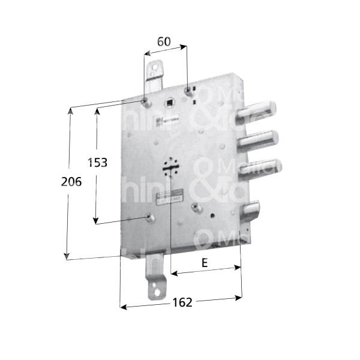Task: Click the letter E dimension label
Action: pyautogui.click(x=205, y=263)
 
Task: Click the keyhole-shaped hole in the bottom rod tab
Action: pyautogui.click(x=158, y=293)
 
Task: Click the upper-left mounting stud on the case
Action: pyautogui.click(x=146, y=99)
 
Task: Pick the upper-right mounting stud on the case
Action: pyautogui.click(x=190, y=91)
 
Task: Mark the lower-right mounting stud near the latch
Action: pyautogui.click(x=195, y=208)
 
